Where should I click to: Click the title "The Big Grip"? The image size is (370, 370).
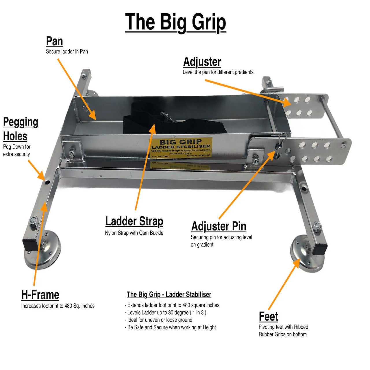175,22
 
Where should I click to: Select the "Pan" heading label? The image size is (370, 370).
54,41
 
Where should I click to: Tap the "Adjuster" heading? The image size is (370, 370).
202,62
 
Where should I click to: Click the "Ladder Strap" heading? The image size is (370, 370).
134,221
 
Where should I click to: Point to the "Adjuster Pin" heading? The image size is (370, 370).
219,226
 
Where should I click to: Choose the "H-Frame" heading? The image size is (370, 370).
40,295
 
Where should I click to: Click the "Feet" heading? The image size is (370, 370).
268,317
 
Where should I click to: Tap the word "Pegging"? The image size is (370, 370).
21,122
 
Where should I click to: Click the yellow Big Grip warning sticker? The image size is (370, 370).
181,147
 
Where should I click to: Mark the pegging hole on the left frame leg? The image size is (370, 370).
47,182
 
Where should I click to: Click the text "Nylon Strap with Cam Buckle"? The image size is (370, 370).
134,233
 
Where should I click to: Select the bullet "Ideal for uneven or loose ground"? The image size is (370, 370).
160,320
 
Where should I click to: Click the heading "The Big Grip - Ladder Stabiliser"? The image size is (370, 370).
169,295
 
